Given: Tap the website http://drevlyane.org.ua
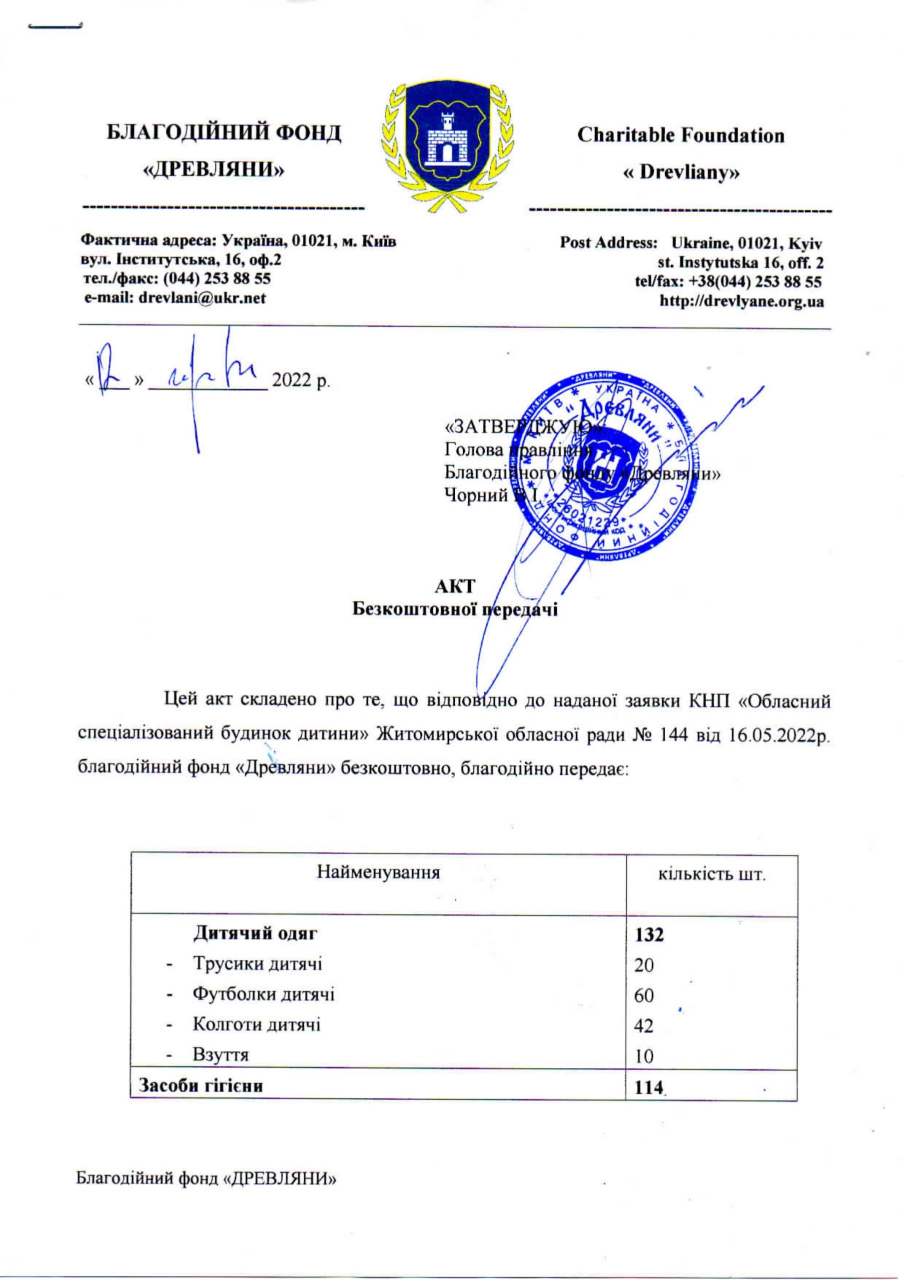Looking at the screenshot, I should tap(742, 301).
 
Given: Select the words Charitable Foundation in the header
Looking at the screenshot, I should tap(681, 135).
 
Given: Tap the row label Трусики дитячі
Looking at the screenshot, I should tap(257, 964).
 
